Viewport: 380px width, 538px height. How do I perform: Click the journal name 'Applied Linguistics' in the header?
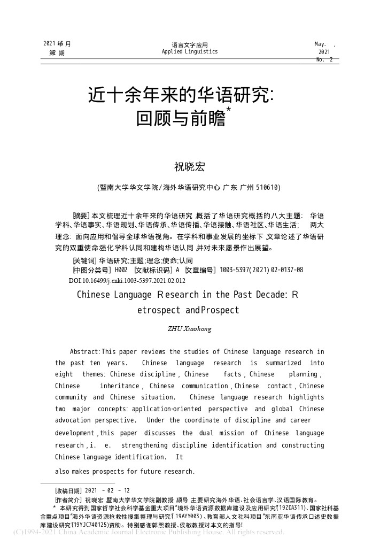click(x=190, y=52)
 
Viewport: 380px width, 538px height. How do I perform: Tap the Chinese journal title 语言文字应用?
click(x=190, y=45)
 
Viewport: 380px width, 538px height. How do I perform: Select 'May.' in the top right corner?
click(x=321, y=43)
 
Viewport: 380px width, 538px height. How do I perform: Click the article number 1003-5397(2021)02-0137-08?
click(x=261, y=270)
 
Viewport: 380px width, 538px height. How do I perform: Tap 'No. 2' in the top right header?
click(x=324, y=60)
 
